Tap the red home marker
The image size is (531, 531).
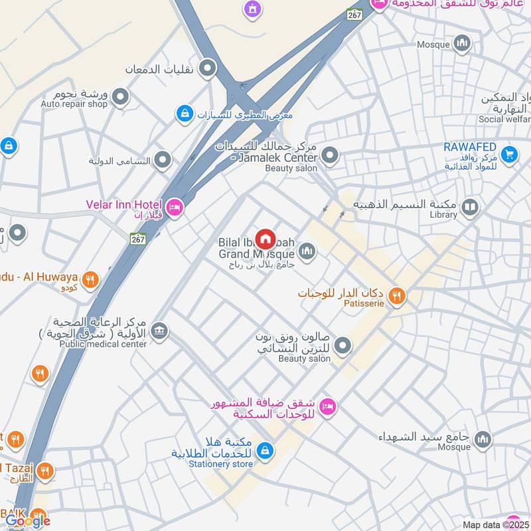tap(265, 238)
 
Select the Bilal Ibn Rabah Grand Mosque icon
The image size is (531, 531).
tap(306, 251)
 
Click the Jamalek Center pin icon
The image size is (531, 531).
tap(330, 157)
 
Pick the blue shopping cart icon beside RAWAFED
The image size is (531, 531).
tap(509, 153)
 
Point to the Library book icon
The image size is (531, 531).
tap(470, 208)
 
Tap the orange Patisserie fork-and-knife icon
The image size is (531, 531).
tap(397, 296)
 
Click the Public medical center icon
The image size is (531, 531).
tap(159, 330)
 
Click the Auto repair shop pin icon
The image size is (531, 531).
tap(120, 98)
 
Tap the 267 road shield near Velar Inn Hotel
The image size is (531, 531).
tap(137, 238)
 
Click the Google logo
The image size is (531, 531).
tap(28, 521)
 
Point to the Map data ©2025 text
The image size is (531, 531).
tap(494, 525)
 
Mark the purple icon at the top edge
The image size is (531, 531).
tap(252, 9)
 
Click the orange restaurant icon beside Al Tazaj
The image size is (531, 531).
tap(45, 471)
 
